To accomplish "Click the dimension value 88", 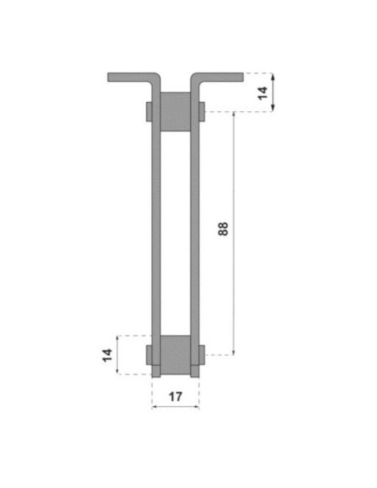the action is pos(224,229).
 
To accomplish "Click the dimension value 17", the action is pos(175,397).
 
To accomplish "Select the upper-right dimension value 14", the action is pos(263,93).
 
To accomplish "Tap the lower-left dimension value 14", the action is pos(108,355).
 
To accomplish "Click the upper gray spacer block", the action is pos(175,111).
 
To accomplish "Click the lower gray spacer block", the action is pos(175,355).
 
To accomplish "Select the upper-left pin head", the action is pos(148,111).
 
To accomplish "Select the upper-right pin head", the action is pos(202,111).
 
